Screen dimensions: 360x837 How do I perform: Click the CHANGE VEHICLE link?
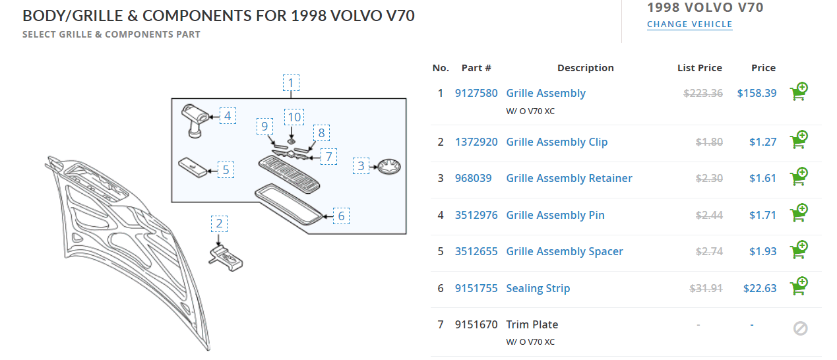(x=689, y=24)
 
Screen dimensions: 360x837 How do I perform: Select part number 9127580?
(x=476, y=93)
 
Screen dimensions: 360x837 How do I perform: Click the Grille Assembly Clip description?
(x=557, y=142)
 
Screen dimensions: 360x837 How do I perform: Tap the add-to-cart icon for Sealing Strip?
(x=799, y=287)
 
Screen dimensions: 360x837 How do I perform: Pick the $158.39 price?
(x=757, y=93)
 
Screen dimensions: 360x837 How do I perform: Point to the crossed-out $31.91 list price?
(x=706, y=288)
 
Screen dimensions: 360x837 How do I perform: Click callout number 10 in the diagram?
(x=294, y=117)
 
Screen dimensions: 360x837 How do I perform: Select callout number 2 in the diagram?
(x=220, y=224)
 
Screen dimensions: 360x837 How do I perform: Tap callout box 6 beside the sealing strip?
(x=341, y=216)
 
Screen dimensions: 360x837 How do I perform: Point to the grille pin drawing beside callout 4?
(x=195, y=119)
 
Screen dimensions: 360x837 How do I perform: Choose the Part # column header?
(x=476, y=68)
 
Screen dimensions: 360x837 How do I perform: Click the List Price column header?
(x=699, y=68)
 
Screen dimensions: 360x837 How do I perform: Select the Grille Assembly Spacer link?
(x=564, y=251)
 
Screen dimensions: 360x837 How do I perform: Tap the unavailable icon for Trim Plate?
(x=800, y=328)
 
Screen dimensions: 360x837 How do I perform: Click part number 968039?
(x=473, y=178)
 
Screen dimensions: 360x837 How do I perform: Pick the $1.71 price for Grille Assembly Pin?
(x=762, y=215)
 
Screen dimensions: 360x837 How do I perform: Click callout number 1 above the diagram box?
(x=291, y=84)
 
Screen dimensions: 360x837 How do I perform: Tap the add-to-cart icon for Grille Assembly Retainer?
(x=799, y=177)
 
